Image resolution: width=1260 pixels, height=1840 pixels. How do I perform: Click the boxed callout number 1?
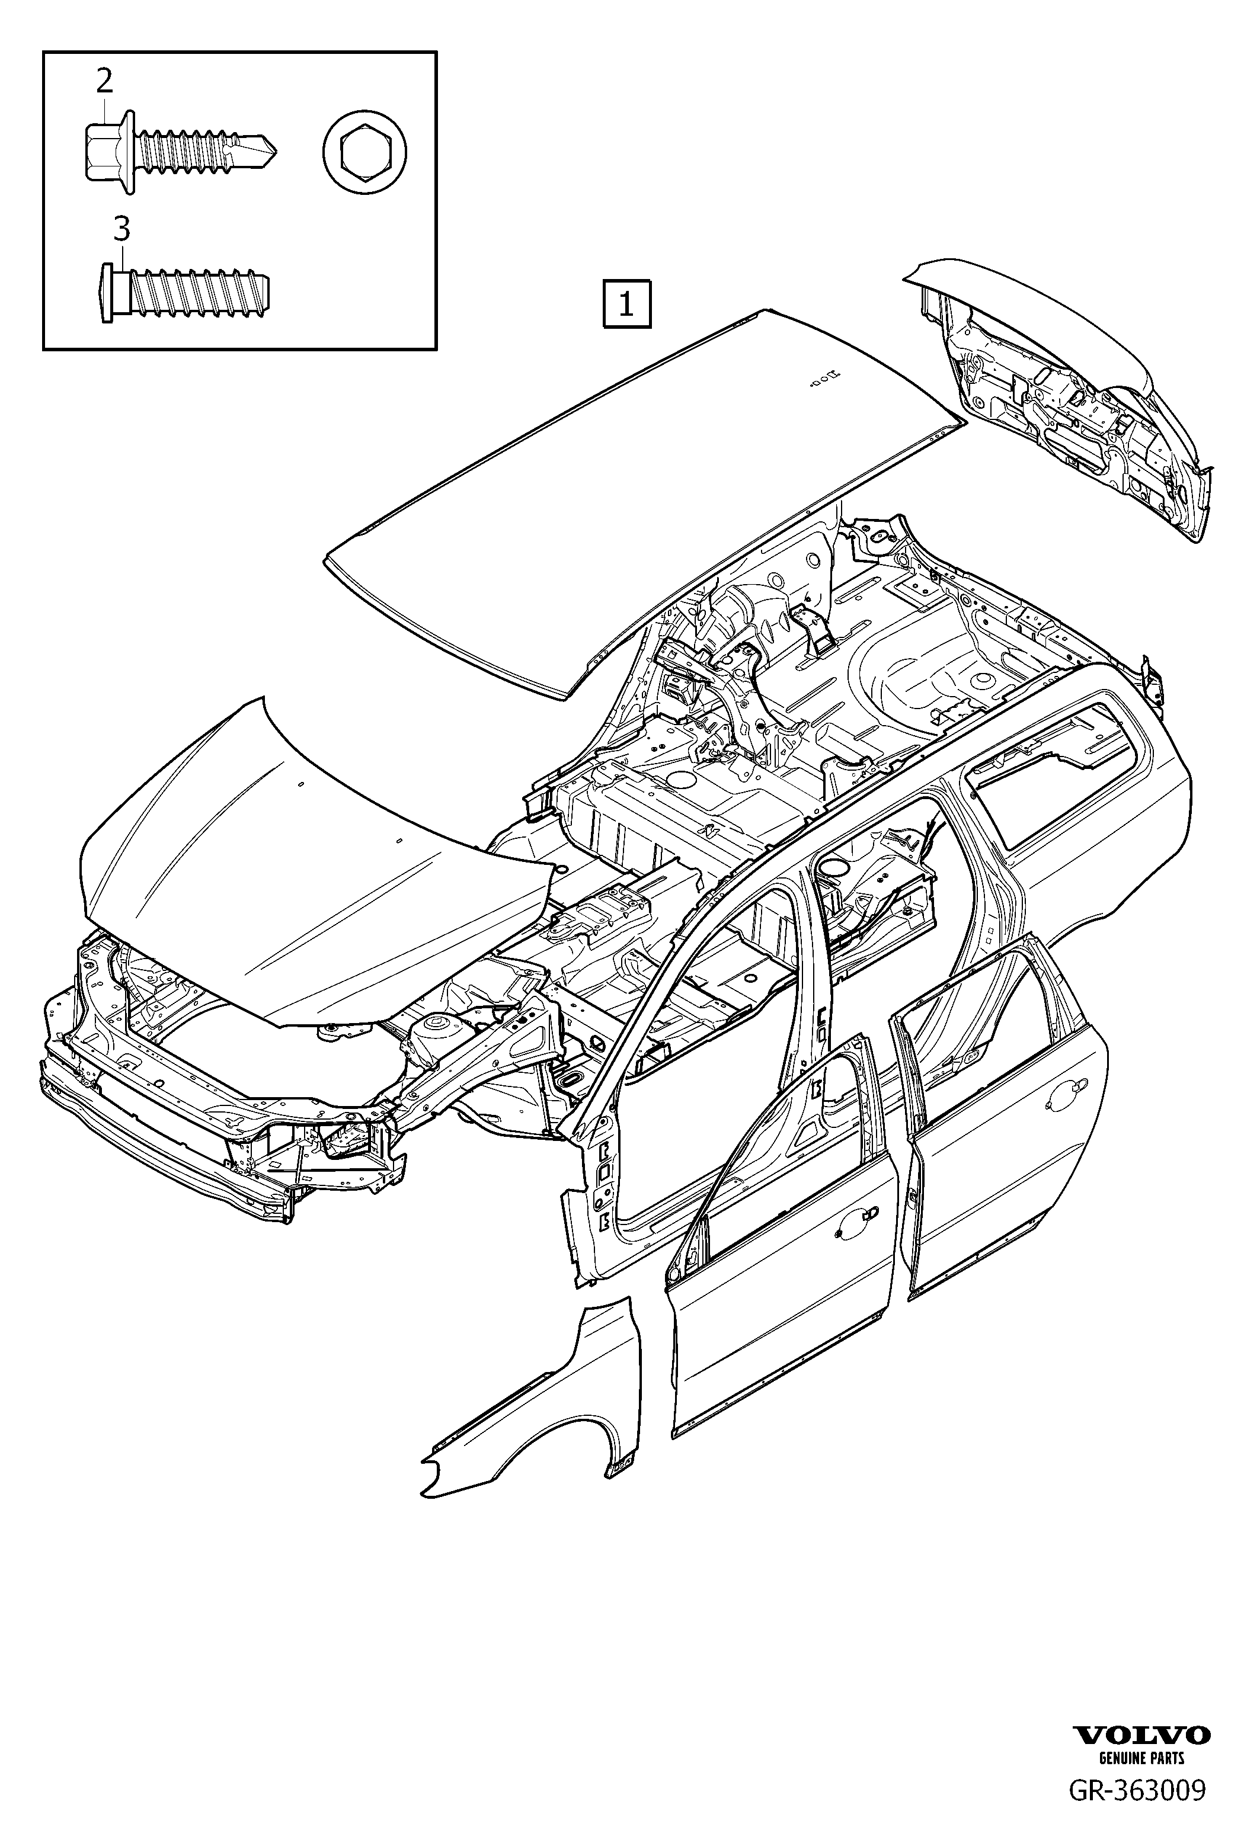click(626, 304)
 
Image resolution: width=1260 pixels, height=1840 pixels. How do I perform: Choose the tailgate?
click(1069, 396)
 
